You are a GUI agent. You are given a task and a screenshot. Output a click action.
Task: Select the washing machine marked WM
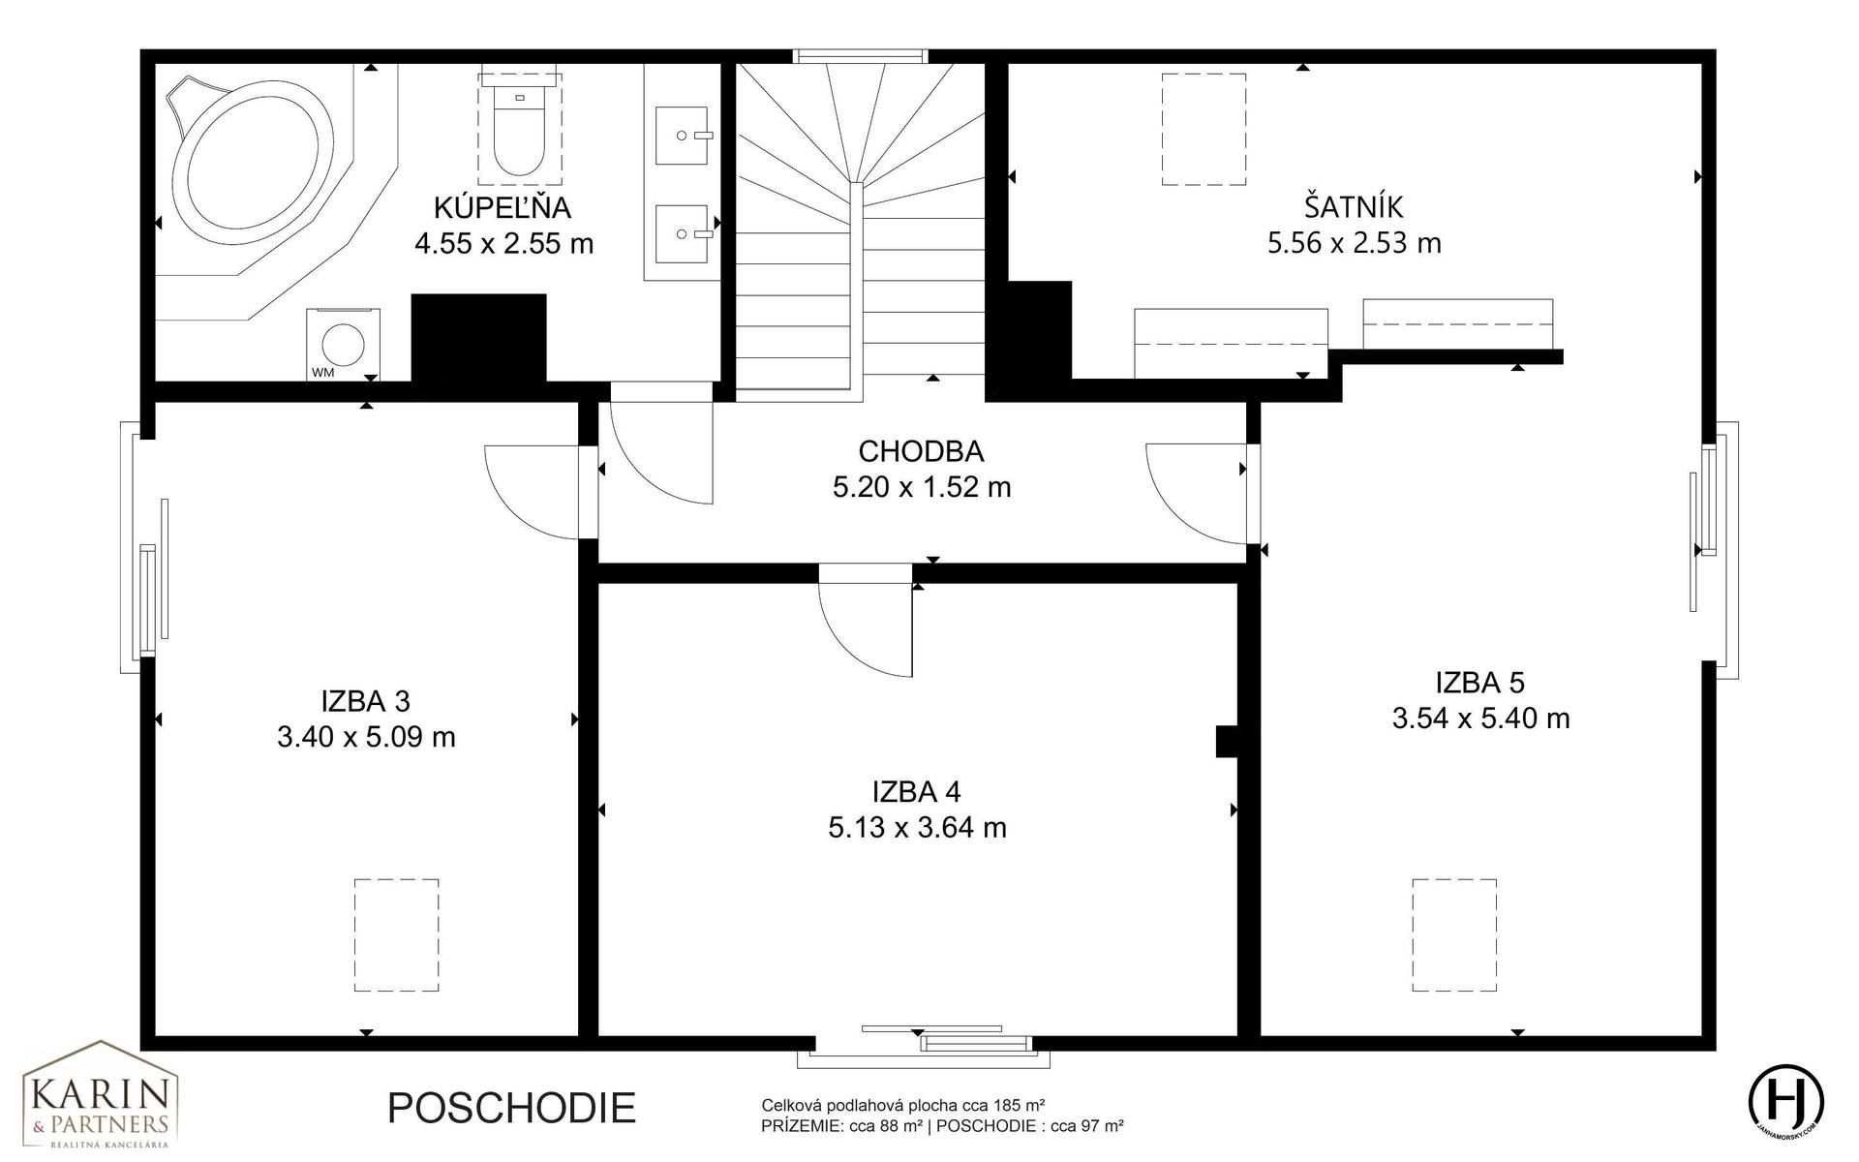pos(344,345)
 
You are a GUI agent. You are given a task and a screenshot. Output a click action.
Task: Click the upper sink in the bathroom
pos(685,136)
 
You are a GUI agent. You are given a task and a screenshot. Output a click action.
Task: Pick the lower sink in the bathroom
pos(685,233)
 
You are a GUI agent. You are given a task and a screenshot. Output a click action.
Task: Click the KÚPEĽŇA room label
pos(503,208)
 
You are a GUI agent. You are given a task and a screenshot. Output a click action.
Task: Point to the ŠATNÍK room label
pos(1354,207)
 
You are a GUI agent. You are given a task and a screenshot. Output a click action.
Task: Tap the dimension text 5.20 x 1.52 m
pos(922,487)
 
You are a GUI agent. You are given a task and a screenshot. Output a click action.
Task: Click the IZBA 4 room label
pos(917,792)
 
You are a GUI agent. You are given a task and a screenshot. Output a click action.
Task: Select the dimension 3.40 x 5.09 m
pos(366,737)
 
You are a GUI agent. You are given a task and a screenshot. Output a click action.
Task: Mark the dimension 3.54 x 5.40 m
pos(1481,719)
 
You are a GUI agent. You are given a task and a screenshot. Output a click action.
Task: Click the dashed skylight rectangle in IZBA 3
pos(396,934)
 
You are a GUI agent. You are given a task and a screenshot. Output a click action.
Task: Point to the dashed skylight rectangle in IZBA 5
pos(1454,934)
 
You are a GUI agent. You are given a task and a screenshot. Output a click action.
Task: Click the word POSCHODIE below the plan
pos(511,1108)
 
